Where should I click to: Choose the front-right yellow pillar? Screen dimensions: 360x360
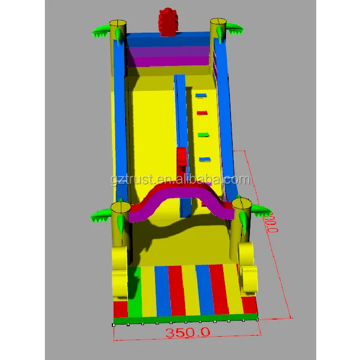click(x=242, y=222)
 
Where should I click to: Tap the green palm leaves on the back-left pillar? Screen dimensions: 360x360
click(x=100, y=32)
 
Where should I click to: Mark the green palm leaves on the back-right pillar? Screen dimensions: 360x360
click(x=234, y=28)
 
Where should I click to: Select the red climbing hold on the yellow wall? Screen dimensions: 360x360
click(x=202, y=113)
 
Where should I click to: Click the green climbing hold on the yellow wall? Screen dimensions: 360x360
click(x=203, y=134)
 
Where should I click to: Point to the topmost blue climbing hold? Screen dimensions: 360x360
click(x=200, y=95)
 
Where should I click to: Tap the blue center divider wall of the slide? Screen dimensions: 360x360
click(x=181, y=111)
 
